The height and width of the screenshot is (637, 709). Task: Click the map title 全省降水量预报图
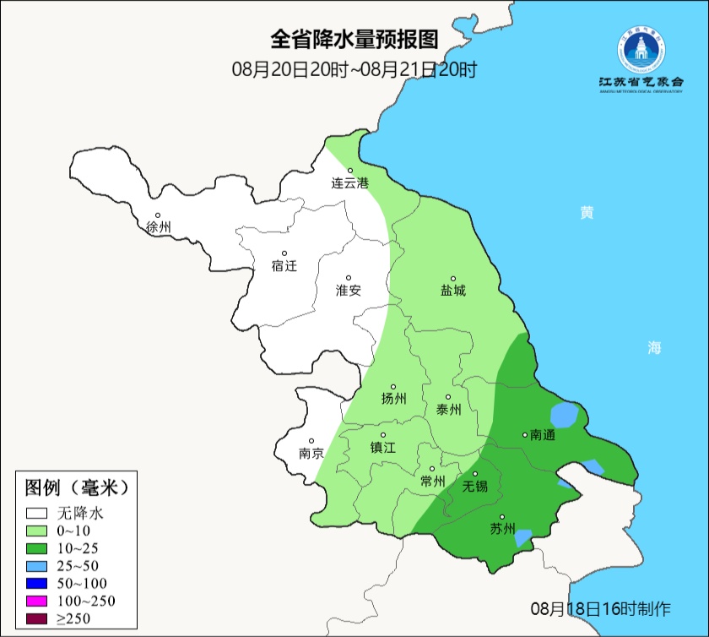354,40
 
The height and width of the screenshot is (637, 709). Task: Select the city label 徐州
158,227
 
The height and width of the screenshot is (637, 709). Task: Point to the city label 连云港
349,182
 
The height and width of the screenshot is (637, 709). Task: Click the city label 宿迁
284,265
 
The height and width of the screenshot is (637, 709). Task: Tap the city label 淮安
349,290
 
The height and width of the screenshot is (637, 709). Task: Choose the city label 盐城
452,291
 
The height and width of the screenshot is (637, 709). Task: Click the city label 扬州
393,399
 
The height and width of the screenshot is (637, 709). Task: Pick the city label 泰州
448,409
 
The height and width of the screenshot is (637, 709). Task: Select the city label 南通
542,435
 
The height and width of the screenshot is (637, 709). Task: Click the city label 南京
311,453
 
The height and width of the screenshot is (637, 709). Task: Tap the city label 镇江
383,448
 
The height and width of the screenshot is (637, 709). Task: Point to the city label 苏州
501,529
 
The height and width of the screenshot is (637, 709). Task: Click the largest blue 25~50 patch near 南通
564,416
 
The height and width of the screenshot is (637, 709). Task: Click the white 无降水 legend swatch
36,513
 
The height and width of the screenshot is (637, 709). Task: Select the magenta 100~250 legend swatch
36,601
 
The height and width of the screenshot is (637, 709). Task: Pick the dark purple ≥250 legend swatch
36,618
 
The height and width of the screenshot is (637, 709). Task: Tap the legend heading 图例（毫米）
77,488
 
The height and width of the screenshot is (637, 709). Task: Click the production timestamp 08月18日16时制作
600,608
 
